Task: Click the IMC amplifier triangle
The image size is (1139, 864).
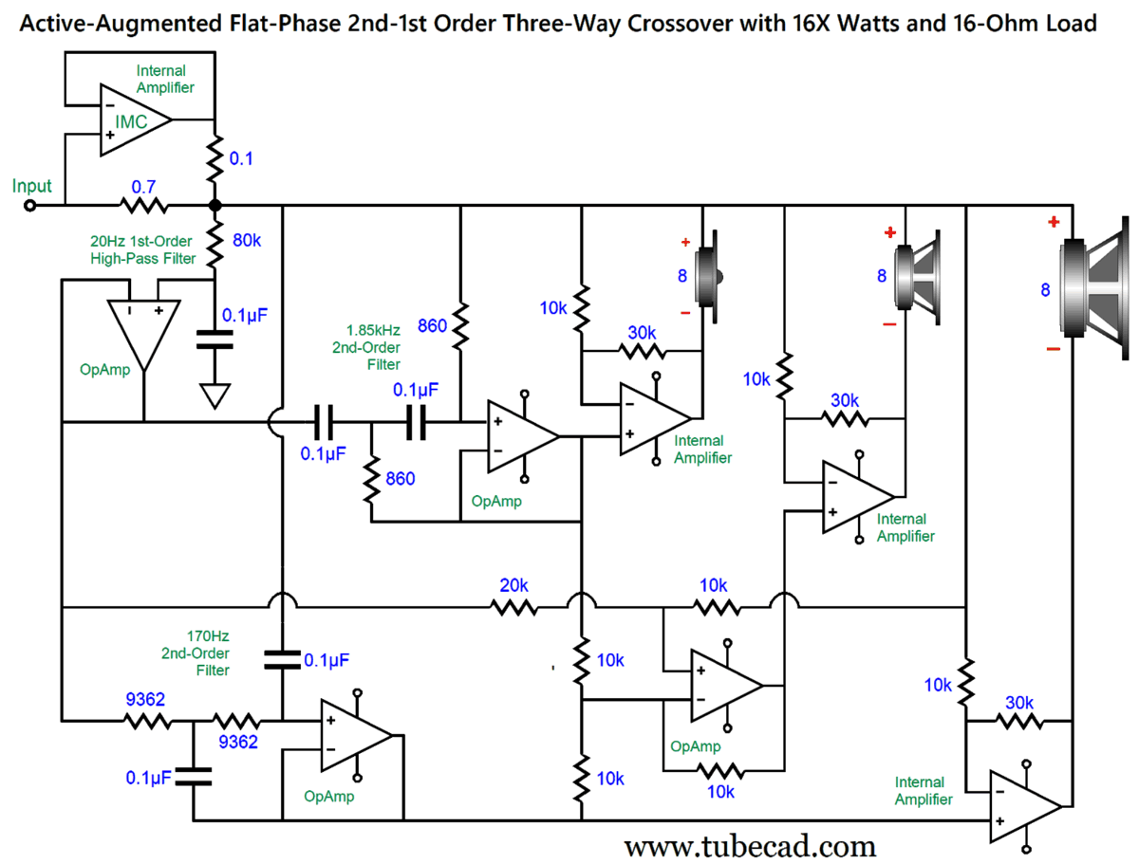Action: point(133,120)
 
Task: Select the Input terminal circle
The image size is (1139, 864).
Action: point(29,205)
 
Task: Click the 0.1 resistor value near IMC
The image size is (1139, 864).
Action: point(242,158)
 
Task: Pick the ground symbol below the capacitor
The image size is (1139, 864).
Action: point(215,395)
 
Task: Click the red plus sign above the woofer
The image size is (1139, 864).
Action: point(1053,222)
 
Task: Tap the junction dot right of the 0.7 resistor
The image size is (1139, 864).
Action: point(215,205)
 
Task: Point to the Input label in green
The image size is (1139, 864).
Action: point(32,186)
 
